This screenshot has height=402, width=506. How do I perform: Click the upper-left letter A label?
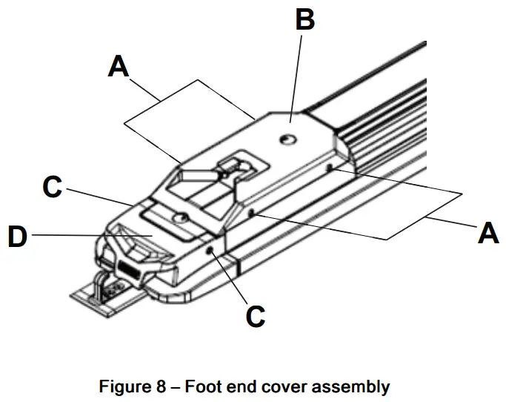[x=119, y=67]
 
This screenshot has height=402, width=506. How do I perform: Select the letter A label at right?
[x=487, y=233]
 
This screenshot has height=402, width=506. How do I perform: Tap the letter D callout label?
[x=17, y=239]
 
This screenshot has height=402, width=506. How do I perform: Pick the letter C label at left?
[x=52, y=186]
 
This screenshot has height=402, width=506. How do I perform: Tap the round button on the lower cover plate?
[x=178, y=217]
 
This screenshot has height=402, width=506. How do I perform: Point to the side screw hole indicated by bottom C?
[x=211, y=251]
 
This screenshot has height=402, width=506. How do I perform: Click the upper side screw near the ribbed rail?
[x=329, y=168]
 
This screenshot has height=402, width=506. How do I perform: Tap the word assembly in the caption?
[x=353, y=386]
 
